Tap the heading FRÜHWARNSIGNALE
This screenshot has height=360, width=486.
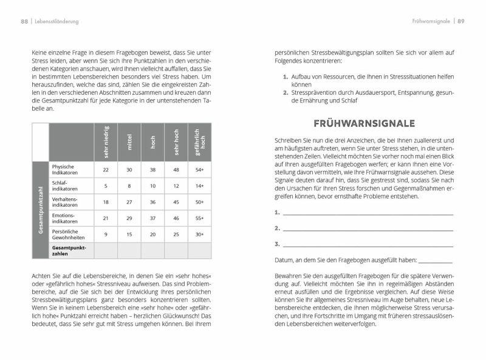tap(364, 123)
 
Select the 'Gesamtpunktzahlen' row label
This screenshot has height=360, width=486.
tap(69, 251)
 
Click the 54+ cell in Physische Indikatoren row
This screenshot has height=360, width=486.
tap(199, 169)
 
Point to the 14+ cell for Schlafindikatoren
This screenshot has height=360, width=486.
tap(199, 185)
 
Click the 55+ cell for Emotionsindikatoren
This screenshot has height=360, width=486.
tap(199, 218)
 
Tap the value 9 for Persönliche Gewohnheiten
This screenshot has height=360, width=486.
tap(106, 234)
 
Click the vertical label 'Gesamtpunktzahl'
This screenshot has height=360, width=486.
tap(40, 210)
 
